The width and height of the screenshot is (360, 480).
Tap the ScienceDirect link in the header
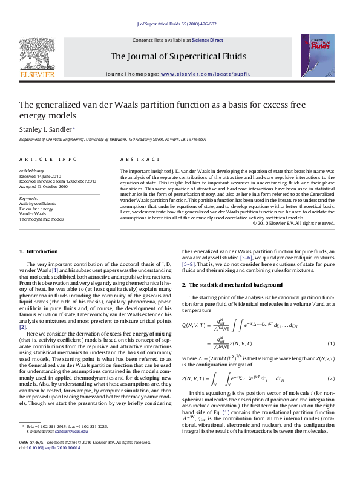(208, 40)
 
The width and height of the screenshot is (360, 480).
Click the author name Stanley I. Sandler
(45, 129)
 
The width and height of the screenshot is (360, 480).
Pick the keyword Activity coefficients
(37, 204)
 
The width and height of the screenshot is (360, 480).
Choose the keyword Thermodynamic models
(41, 219)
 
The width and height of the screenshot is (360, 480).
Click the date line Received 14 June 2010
(42, 176)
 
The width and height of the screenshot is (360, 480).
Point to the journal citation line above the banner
(180, 26)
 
